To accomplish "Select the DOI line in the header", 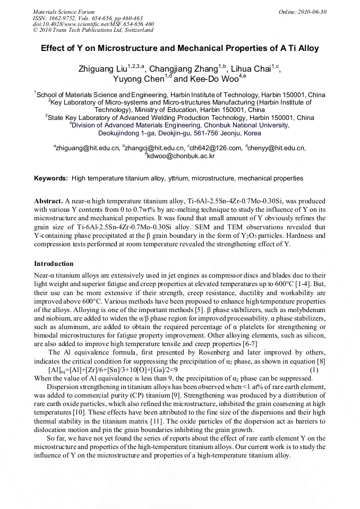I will [93, 24].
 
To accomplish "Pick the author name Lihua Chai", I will [249, 69].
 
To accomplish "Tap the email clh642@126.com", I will [215, 148].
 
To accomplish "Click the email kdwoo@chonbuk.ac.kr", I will [181, 156].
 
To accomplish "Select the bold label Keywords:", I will [51, 178].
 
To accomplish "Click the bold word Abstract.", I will [48, 202].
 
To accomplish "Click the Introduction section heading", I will [54, 264].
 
